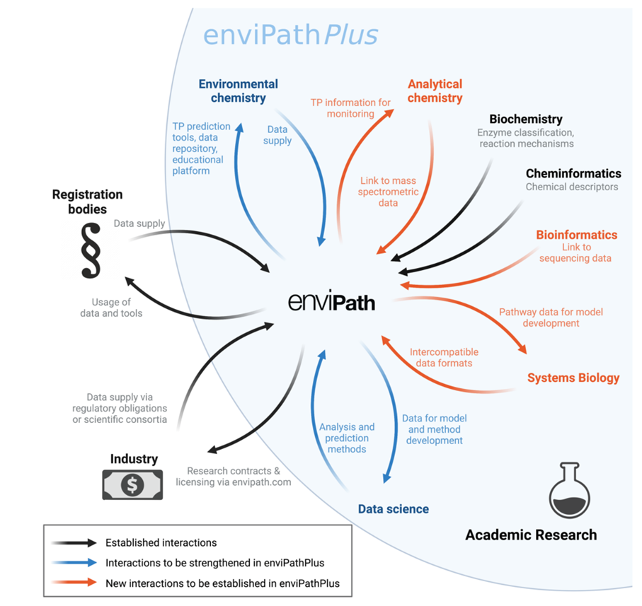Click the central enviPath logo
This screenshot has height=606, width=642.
(331, 302)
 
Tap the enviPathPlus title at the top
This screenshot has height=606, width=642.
(290, 35)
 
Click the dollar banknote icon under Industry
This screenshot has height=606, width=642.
(132, 484)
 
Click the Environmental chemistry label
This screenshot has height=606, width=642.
(238, 91)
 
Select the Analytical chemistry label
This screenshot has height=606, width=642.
(435, 91)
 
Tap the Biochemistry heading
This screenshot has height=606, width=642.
(526, 120)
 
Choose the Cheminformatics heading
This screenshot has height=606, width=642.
(573, 173)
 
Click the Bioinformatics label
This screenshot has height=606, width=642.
(576, 235)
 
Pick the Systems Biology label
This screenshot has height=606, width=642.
(573, 378)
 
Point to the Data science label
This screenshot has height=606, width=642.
(393, 508)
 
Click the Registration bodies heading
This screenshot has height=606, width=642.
(87, 201)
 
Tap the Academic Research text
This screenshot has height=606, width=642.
(530, 535)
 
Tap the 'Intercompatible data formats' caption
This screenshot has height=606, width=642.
(444, 357)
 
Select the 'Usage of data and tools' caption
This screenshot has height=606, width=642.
(117, 308)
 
